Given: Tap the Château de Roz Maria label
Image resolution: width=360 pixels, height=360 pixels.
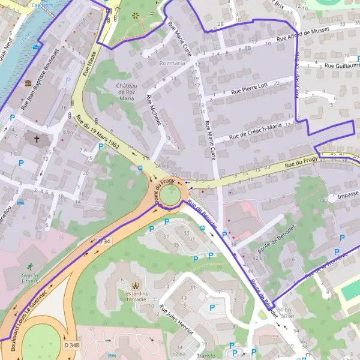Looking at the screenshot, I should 127,93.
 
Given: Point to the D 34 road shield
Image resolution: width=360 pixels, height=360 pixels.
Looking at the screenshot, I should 104,241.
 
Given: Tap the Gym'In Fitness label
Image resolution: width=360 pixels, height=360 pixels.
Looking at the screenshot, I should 29,277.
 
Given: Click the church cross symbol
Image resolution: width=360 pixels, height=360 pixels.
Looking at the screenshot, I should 37,139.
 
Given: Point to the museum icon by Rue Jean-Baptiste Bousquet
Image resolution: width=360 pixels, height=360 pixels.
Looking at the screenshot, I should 28,82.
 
